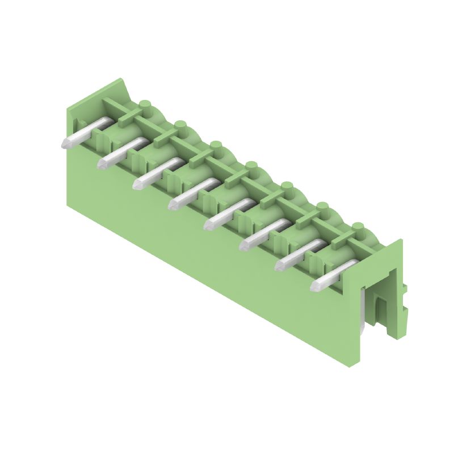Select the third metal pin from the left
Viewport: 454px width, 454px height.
(157, 173)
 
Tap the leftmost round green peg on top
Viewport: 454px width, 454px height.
(145, 105)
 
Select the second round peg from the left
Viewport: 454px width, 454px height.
(181, 125)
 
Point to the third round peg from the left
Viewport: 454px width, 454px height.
(216, 145)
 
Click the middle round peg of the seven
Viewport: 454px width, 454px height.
(251, 166)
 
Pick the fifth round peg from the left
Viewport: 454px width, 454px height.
(287, 186)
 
